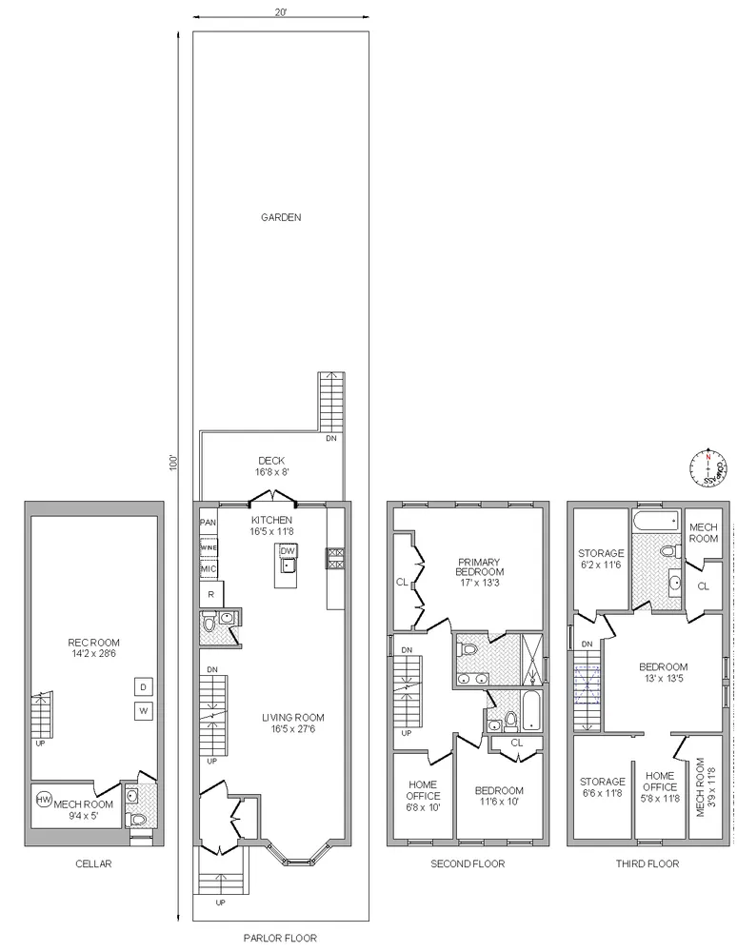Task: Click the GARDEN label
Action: point(281,217)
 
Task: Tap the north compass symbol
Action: point(707,467)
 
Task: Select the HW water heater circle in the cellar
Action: point(44,800)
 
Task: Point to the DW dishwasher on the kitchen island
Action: point(288,551)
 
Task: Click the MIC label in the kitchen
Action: point(209,569)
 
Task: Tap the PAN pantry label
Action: point(208,523)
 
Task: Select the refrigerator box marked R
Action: point(209,594)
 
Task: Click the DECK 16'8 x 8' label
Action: point(271,466)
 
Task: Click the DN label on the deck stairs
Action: point(331,439)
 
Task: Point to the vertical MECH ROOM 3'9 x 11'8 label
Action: point(705,786)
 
